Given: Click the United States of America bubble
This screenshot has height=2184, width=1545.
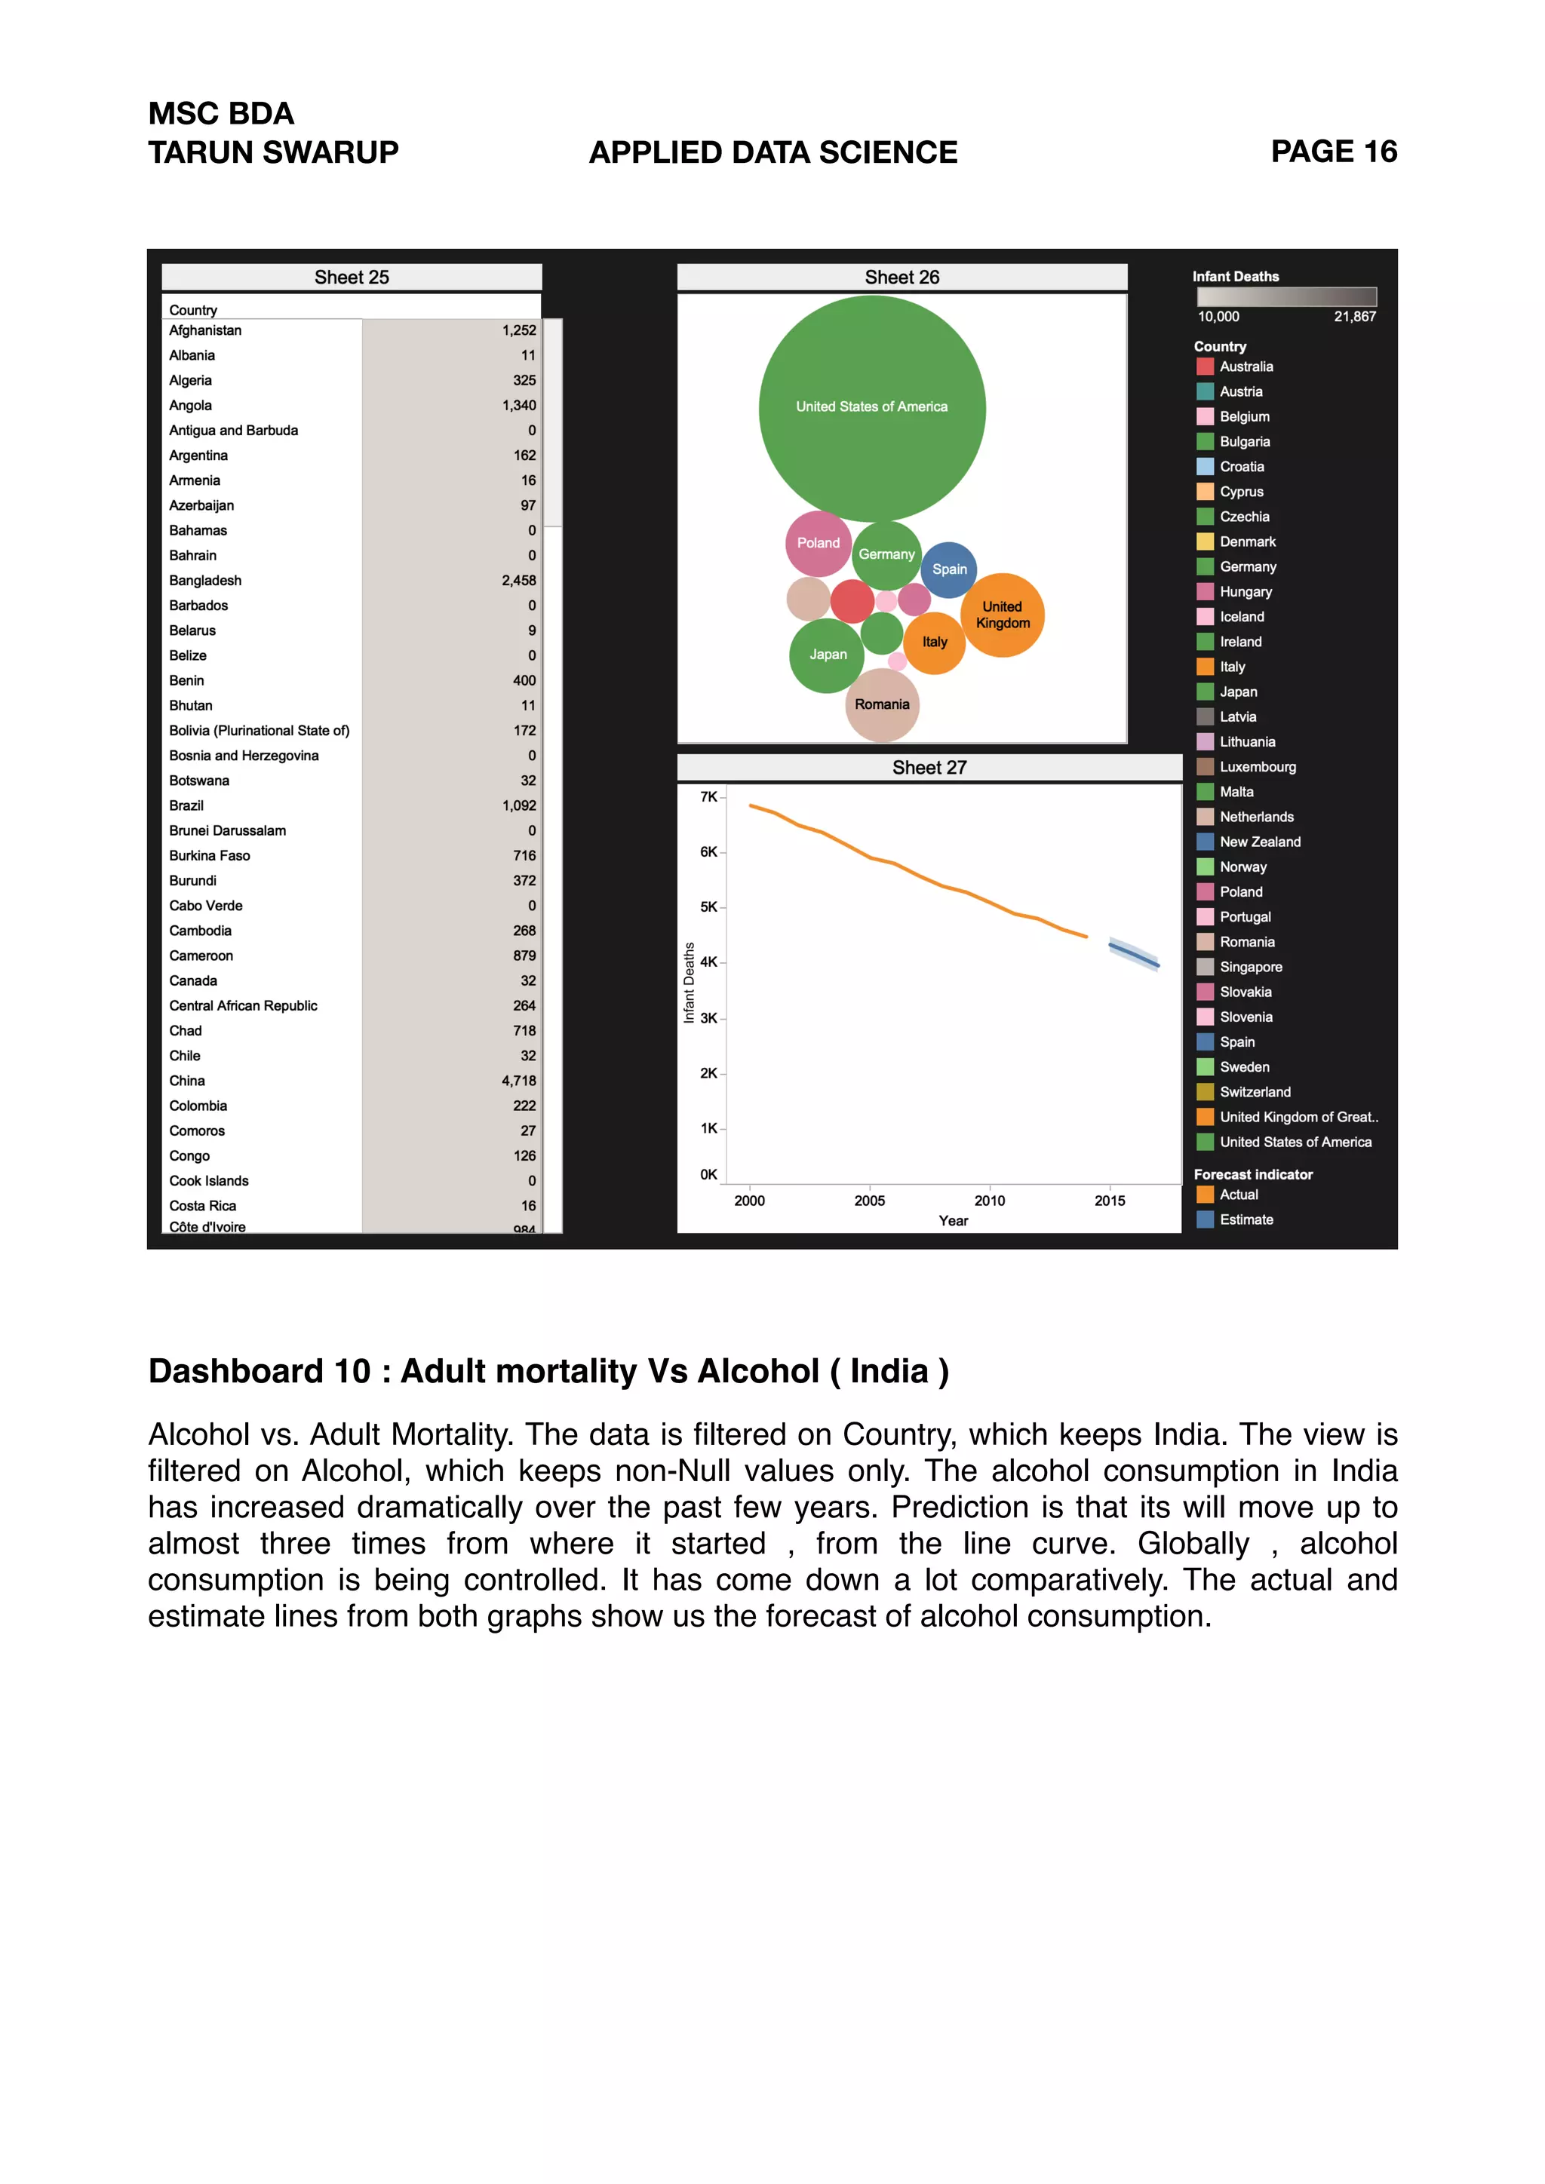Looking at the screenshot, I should (871, 409).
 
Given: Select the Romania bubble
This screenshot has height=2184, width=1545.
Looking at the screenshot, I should (882, 705).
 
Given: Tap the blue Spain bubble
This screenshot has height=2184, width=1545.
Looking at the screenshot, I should (948, 570).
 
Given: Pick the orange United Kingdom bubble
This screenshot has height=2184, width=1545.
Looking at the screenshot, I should (1003, 615).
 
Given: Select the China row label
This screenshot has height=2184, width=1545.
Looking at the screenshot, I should (187, 1081).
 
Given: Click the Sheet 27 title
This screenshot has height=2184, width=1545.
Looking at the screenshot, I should (929, 768).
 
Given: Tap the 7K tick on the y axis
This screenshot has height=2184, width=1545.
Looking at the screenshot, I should (709, 797).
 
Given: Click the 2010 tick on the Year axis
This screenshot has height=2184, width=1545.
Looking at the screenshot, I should (990, 1201).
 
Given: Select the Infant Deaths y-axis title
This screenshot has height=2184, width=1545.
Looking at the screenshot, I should (689, 983).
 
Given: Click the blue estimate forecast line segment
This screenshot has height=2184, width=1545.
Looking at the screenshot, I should (1134, 955).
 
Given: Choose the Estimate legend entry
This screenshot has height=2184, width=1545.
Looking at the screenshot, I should (1246, 1220).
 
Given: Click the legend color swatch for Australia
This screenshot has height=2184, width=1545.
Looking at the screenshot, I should (1206, 367).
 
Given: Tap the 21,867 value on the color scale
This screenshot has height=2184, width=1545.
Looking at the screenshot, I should (1355, 317).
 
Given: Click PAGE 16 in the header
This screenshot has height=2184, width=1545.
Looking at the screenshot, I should (1334, 152).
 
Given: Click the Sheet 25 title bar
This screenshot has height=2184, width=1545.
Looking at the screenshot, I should (352, 278).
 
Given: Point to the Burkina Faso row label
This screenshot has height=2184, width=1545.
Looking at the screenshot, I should (209, 856).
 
